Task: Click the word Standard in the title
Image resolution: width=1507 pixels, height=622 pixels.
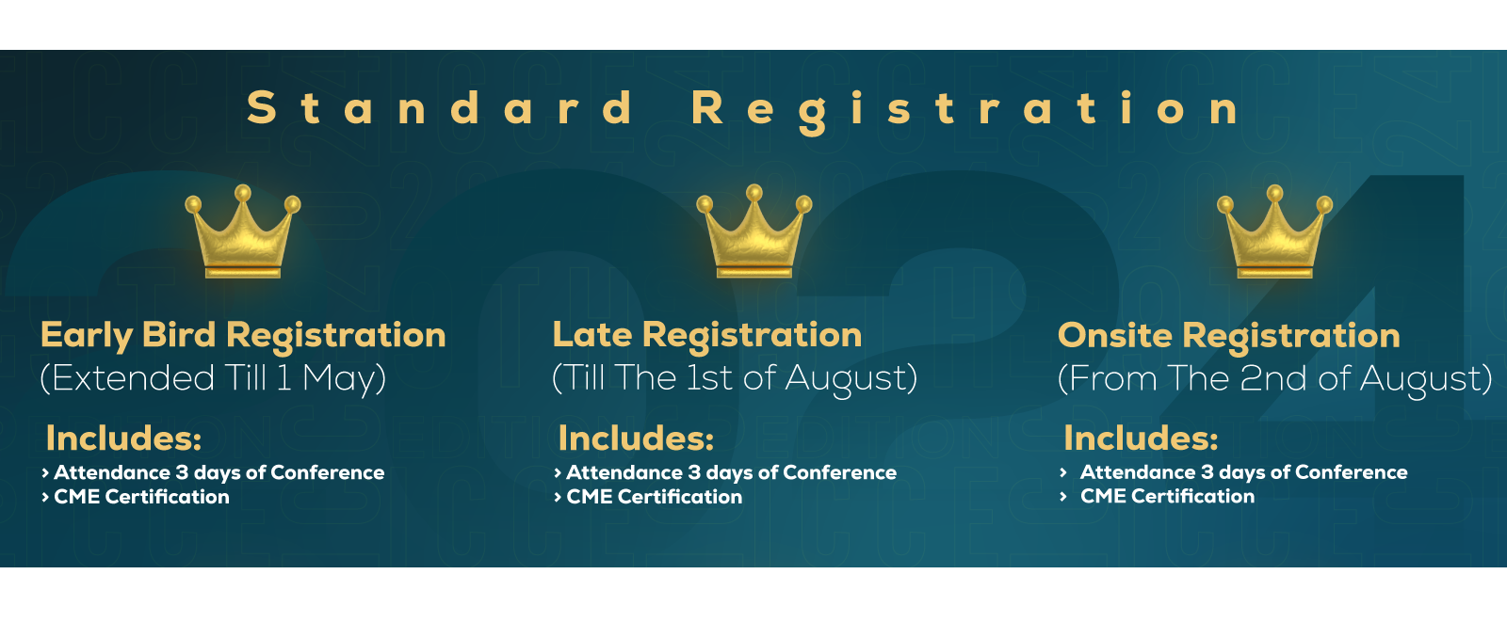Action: pyautogui.click(x=440, y=107)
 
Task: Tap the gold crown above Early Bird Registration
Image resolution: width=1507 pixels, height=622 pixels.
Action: pyautogui.click(x=243, y=231)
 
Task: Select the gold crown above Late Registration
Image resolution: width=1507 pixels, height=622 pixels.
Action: pyautogui.click(x=754, y=231)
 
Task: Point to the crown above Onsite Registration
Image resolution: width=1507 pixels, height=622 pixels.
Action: pyautogui.click(x=1275, y=231)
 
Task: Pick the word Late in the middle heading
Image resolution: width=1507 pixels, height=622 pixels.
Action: pyautogui.click(x=592, y=334)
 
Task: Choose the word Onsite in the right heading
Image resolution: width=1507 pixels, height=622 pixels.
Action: pyautogui.click(x=1115, y=335)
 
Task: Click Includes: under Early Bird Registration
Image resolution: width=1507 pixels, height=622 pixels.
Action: pyautogui.click(x=123, y=439)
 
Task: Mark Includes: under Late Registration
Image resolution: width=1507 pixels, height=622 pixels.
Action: pyautogui.click(x=636, y=439)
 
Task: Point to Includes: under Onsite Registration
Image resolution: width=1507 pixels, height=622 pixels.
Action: pyautogui.click(x=1141, y=439)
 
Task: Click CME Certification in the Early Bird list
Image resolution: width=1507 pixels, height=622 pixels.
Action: pyautogui.click(x=141, y=497)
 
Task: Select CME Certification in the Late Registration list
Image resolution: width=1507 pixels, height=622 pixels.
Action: pyautogui.click(x=654, y=497)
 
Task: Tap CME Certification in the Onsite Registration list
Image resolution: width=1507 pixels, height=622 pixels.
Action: pyautogui.click(x=1167, y=496)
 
